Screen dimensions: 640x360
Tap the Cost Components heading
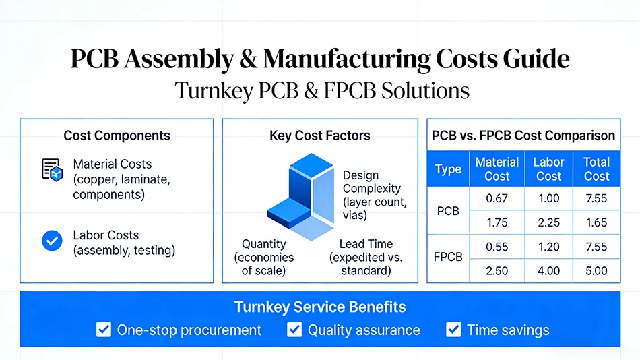(x=117, y=136)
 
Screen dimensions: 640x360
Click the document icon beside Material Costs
(x=53, y=170)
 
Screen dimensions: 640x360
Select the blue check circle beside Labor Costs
(x=52, y=240)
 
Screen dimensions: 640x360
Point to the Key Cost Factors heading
(x=319, y=136)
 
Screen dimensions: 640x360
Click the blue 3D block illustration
(x=301, y=196)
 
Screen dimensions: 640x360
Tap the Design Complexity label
(x=375, y=195)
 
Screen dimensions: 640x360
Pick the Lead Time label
(x=366, y=257)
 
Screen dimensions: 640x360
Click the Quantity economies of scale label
(x=263, y=257)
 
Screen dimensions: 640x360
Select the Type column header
(x=448, y=169)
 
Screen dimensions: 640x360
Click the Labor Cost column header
(x=548, y=169)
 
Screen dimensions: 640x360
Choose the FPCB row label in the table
(x=448, y=257)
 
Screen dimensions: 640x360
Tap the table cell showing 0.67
(x=497, y=199)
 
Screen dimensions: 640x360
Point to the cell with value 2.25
(x=548, y=222)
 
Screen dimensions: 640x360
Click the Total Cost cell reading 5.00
(x=596, y=271)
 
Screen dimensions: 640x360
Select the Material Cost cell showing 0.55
(x=497, y=247)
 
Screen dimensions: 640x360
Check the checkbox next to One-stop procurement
(x=104, y=330)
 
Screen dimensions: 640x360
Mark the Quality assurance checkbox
(x=294, y=330)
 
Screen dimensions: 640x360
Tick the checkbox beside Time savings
(x=453, y=330)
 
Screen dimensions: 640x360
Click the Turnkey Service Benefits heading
(x=320, y=307)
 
